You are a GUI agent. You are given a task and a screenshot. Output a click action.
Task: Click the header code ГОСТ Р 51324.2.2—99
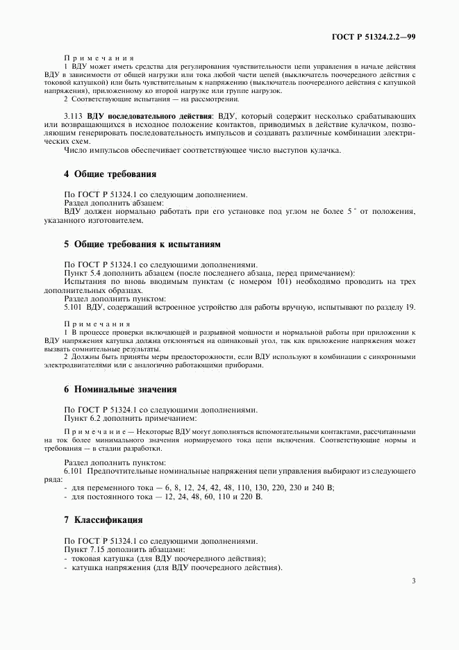pyautogui.click(x=373, y=37)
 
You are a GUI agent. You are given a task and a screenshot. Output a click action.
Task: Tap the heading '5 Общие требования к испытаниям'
pyautogui.click(x=142, y=244)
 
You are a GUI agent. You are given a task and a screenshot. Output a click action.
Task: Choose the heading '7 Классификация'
pyautogui.click(x=103, y=519)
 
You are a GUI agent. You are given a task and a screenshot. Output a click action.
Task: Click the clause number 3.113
pyautogui.click(x=74, y=114)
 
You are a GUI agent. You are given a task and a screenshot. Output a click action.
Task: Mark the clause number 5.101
pyautogui.click(x=74, y=306)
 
